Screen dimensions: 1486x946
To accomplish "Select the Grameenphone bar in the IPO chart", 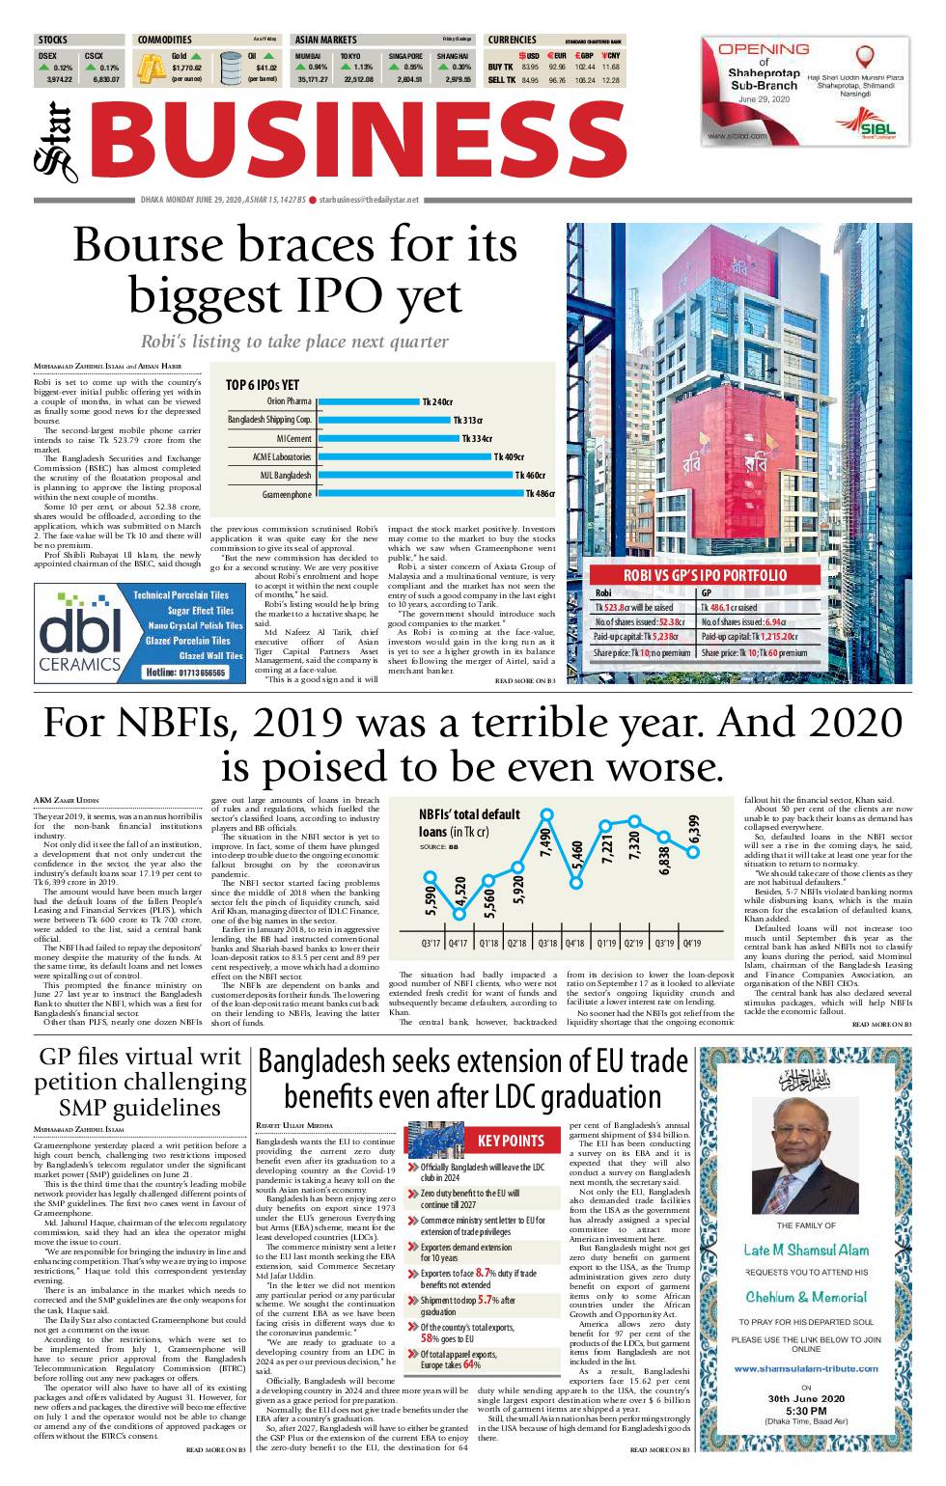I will [x=419, y=494].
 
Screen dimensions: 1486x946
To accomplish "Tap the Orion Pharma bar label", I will [x=289, y=401].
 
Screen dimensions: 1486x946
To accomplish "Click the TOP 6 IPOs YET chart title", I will [x=263, y=384].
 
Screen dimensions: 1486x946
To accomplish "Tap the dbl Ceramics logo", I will [x=80, y=633].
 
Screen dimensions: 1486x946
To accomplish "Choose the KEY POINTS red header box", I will [x=511, y=1141].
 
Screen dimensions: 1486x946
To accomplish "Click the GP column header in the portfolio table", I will [x=707, y=593].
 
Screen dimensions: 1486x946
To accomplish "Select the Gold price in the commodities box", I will [x=186, y=69].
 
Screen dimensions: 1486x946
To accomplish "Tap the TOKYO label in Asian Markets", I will [x=349, y=56].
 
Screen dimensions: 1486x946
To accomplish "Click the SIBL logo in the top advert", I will [x=872, y=127].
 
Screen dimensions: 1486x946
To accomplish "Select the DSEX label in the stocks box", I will [x=47, y=56].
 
